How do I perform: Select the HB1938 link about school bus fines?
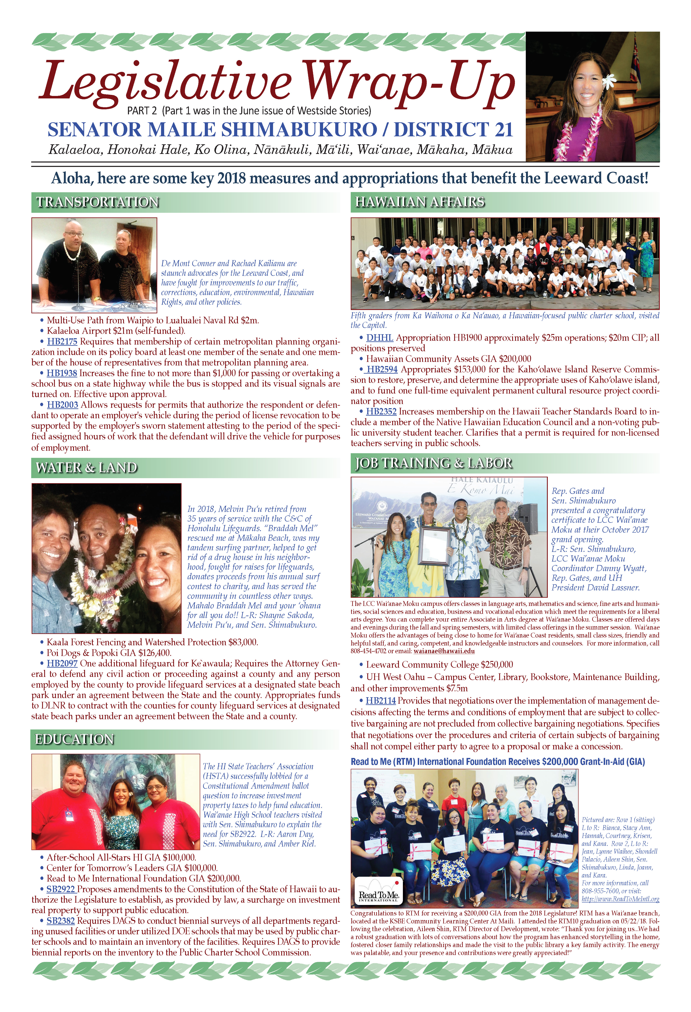pos(62,373)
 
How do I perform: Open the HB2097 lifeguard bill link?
pos(62,664)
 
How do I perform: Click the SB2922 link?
pos(61,889)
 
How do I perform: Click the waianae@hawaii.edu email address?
pos(444,651)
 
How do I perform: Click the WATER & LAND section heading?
pos(86,468)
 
